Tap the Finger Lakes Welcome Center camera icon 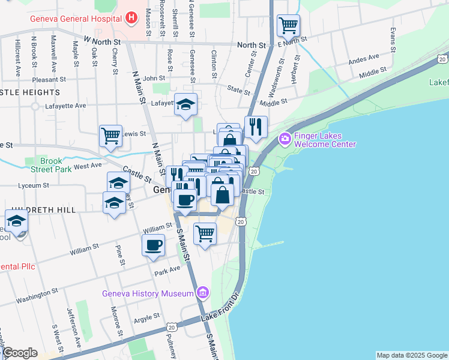(x=285, y=139)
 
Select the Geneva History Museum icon (x=203, y=293)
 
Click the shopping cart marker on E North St (x=289, y=25)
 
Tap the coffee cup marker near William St (x=154, y=245)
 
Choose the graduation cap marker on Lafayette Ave (x=186, y=104)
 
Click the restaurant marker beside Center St (x=256, y=127)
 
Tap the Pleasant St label (x=49, y=79)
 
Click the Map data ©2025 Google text (x=411, y=355)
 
